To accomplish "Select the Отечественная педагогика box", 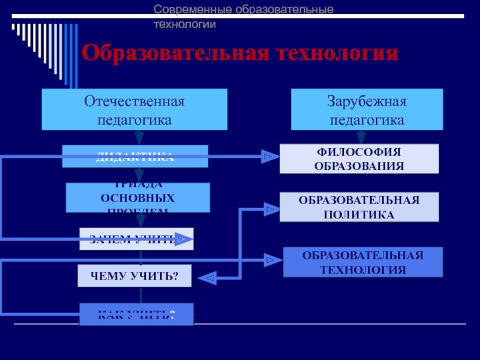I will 134,109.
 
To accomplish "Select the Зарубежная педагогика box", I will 367,109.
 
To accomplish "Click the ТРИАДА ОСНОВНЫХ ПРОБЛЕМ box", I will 137,197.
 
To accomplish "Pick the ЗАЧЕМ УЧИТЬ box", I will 136,239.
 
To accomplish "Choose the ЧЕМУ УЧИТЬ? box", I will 134,275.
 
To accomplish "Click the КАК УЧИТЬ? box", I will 136,314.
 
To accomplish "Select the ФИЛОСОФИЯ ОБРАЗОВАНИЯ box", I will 359,159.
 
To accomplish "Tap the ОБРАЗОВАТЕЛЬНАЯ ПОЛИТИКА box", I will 359,207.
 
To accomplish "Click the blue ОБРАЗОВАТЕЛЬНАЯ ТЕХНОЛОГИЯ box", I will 362,262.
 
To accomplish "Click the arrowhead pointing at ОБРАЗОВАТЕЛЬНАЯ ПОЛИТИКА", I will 269,209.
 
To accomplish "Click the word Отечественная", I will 134,101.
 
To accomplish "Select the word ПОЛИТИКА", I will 359,214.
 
